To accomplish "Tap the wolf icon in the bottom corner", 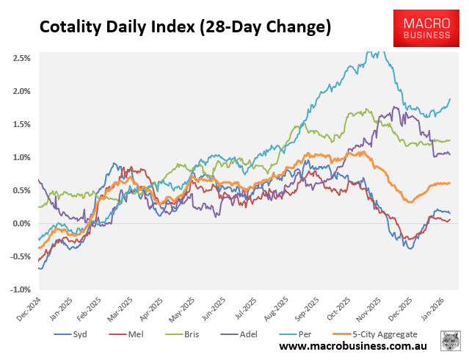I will (x=450, y=342).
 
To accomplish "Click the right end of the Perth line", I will (x=450, y=99).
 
